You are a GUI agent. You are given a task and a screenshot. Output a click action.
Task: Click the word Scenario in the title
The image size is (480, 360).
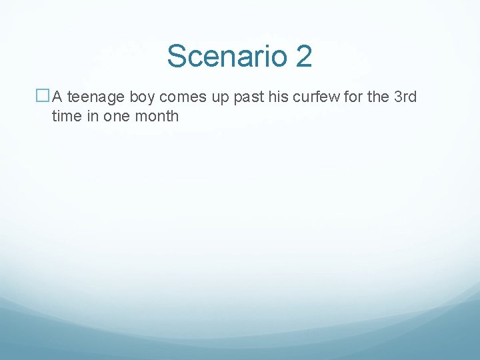coord(227,56)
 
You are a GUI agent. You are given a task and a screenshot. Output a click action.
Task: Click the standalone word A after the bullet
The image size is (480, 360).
coord(57,97)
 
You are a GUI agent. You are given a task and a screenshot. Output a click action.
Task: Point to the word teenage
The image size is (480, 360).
coord(95,97)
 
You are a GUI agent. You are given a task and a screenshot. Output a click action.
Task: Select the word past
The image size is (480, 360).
coord(247,97)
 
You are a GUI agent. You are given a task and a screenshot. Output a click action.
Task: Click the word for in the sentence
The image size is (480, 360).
coord(353,97)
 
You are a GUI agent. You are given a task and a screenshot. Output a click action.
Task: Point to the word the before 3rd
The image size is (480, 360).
coord(378,97)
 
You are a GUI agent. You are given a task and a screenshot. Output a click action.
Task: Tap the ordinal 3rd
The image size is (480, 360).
coord(405,97)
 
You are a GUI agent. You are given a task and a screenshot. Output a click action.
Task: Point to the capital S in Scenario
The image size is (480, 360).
coord(177,56)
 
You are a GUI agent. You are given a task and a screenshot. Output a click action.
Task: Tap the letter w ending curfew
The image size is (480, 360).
coord(335,97)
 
